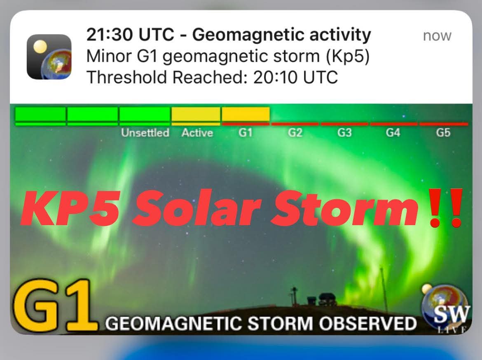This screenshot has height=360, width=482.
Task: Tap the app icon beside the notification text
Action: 49,56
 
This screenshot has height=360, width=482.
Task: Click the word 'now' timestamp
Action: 437,36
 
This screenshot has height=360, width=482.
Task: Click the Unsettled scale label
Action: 145,133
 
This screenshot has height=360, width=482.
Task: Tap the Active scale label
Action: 197,133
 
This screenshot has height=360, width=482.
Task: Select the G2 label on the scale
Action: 295,133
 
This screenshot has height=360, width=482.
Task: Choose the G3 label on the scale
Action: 344,133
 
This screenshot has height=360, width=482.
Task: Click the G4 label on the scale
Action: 393,133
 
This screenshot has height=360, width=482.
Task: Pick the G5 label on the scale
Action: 443,133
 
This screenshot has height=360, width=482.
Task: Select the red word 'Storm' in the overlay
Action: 344,208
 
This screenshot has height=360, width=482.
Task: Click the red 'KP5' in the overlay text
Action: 70,208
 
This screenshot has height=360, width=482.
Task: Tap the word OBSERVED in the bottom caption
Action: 367,323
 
